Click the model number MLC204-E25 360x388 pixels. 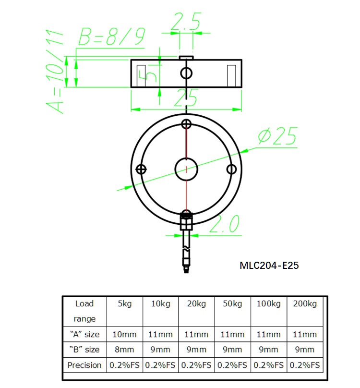tap(269, 265)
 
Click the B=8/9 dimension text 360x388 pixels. tap(112, 37)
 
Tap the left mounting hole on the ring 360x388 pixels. tap(141, 169)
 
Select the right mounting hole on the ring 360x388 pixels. tap(231, 169)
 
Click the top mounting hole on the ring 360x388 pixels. tap(186, 124)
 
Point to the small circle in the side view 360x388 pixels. tap(186, 73)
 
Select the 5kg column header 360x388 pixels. tap(125, 304)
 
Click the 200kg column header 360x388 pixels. tap(305, 304)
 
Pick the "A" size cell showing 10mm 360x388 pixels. tap(125, 334)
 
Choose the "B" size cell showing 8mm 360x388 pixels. tap(125, 350)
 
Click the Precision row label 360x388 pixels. tap(84, 365)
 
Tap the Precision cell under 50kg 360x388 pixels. tap(233, 365)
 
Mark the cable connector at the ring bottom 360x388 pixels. tap(186, 222)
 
